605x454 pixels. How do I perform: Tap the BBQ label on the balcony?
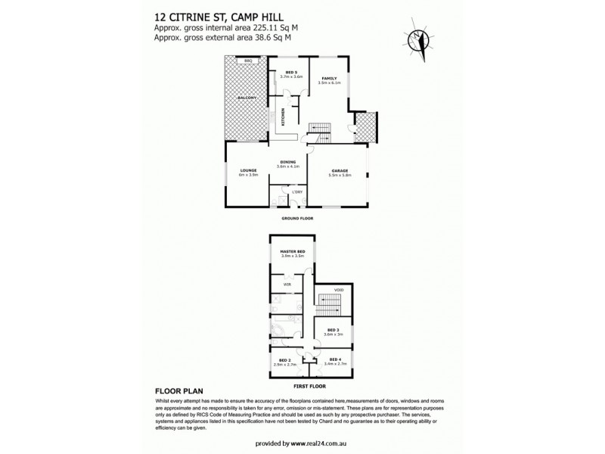pos(247,61)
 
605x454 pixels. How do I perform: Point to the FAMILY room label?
pos(328,79)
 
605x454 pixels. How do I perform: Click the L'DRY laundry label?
pos(297,193)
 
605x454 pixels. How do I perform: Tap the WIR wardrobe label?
pos(287,285)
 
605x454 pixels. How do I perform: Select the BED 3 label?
pos(334,331)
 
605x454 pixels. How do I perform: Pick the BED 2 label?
pos(285,360)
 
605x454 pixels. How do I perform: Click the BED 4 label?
pos(334,360)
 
